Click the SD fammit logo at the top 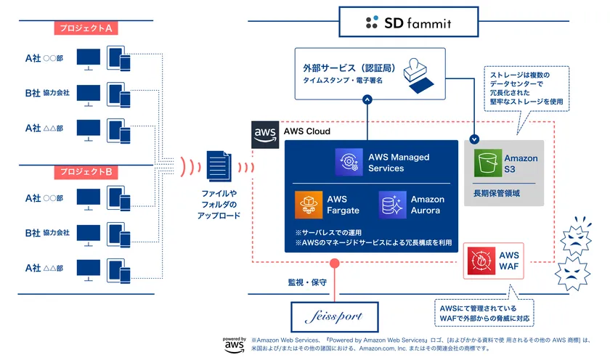[409, 22]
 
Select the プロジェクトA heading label [86, 29]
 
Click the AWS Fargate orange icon [308, 205]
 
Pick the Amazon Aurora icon [392, 205]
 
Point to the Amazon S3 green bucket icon [487, 163]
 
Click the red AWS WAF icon [481, 260]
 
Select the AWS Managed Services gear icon [349, 163]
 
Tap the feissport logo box [336, 316]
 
